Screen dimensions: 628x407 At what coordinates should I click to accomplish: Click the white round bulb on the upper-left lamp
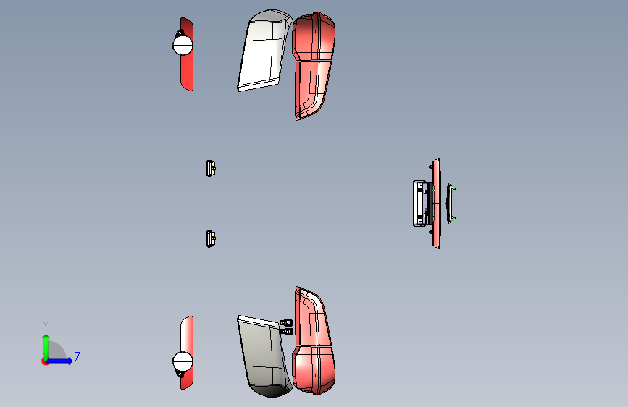click(x=183, y=45)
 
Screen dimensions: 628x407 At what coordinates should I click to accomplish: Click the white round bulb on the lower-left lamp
click(x=183, y=361)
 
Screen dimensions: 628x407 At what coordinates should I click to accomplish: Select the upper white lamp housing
click(x=264, y=50)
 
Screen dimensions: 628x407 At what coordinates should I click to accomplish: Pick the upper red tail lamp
click(x=313, y=64)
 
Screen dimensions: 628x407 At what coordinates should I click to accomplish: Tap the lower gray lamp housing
click(x=264, y=356)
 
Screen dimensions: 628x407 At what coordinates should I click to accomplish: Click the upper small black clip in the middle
click(x=211, y=168)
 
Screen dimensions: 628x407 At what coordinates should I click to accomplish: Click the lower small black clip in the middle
click(x=211, y=239)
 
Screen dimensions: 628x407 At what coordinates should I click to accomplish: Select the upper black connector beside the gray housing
click(x=286, y=322)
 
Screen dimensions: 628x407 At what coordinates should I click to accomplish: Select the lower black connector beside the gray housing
click(x=287, y=331)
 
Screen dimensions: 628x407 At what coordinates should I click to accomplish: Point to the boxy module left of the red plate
click(x=422, y=203)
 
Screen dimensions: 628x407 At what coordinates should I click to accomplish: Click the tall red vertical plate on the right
click(x=436, y=203)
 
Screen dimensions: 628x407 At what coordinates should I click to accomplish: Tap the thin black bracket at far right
click(x=450, y=203)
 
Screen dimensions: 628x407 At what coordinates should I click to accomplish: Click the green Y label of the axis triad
click(x=46, y=325)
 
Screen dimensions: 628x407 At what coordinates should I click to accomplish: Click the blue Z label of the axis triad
click(x=78, y=356)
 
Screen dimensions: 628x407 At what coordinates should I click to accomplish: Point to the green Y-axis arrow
click(x=46, y=347)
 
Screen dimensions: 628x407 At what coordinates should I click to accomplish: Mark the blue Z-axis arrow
click(x=59, y=361)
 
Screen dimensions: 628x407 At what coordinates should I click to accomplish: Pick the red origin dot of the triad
click(x=45, y=361)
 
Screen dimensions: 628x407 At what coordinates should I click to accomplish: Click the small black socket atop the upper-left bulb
click(x=180, y=33)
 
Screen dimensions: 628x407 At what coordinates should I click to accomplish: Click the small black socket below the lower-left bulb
click(x=180, y=374)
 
